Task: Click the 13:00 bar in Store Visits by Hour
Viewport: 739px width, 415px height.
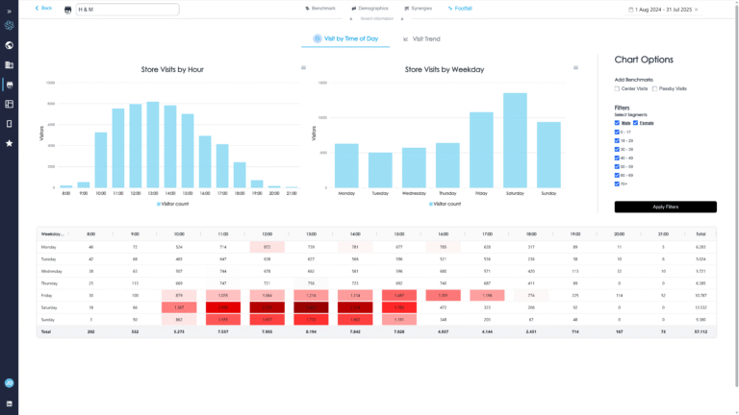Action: tap(152, 144)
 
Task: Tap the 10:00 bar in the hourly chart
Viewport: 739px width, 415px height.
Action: tap(100, 159)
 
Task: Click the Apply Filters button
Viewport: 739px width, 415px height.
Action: tap(665, 207)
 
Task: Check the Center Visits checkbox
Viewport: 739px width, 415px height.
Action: tap(617, 88)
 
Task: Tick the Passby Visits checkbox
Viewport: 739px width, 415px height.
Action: tap(654, 88)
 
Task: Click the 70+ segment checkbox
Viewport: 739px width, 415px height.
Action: tap(617, 183)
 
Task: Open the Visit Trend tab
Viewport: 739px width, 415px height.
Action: tap(422, 39)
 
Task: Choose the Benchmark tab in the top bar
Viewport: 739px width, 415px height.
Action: tap(322, 8)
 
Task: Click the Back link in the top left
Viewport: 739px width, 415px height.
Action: tap(44, 8)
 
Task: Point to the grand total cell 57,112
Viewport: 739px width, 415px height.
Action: tap(701, 330)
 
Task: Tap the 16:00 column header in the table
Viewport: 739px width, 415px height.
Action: tap(443, 233)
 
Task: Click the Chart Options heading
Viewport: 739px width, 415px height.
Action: tap(644, 60)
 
